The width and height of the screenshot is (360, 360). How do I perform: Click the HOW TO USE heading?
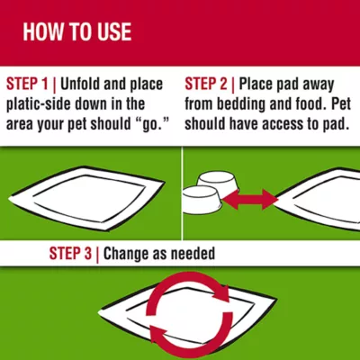pos(77,31)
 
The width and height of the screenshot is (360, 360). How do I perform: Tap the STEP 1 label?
pos(27,84)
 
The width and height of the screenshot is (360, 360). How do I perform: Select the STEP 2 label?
pos(206,84)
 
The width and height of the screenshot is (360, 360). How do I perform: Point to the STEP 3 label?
pos(70,254)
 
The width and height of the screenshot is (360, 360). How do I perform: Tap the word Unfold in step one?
pos(80,84)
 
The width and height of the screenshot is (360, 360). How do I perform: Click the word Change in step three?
pos(126,254)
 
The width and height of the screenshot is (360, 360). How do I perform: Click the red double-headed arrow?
pos(249,199)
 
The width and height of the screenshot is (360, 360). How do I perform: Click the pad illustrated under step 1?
pos(87,198)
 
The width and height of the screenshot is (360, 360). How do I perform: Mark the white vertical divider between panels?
pos(182,193)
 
